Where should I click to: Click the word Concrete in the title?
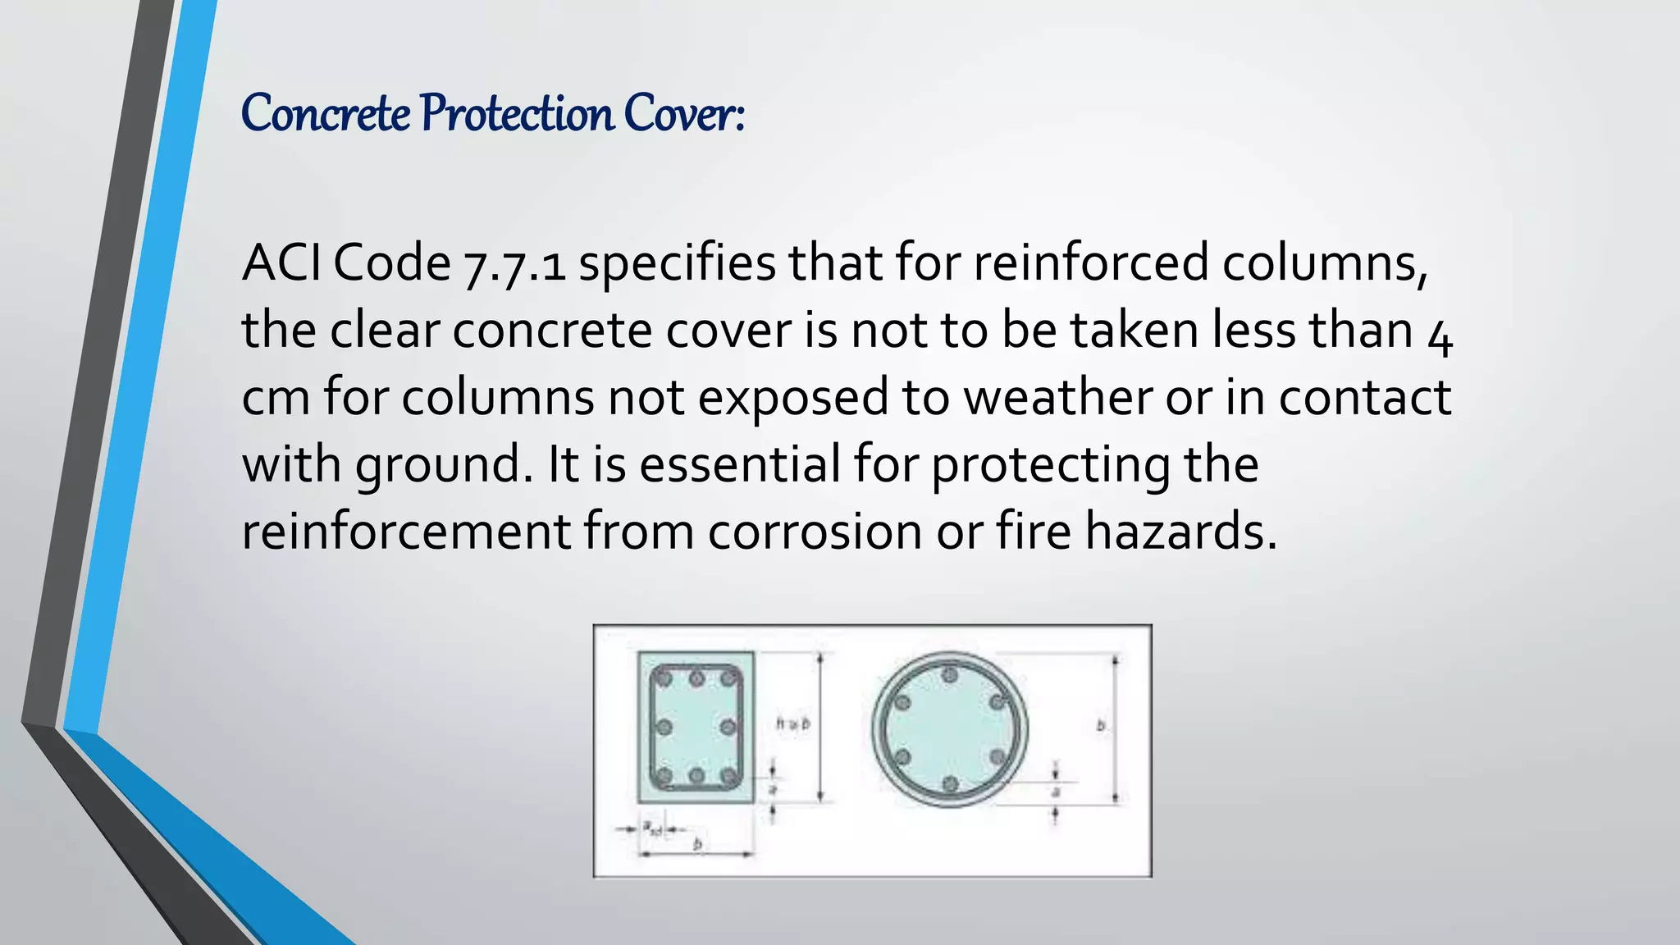[x=326, y=113]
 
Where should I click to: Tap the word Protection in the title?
[x=517, y=113]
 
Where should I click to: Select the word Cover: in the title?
[x=683, y=113]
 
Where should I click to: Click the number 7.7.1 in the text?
[x=514, y=264]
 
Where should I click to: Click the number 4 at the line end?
[x=1440, y=332]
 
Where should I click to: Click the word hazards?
[x=1180, y=532]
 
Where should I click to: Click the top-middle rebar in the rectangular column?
[x=696, y=678]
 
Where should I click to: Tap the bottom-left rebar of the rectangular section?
[x=664, y=775]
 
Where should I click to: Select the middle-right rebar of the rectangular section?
[x=728, y=727]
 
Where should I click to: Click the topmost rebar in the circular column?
[x=950, y=675]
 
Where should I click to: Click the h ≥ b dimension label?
[x=793, y=724]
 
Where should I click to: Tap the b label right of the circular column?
[x=1101, y=725]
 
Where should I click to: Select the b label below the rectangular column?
[x=697, y=844]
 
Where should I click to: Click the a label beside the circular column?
[x=1056, y=792]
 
